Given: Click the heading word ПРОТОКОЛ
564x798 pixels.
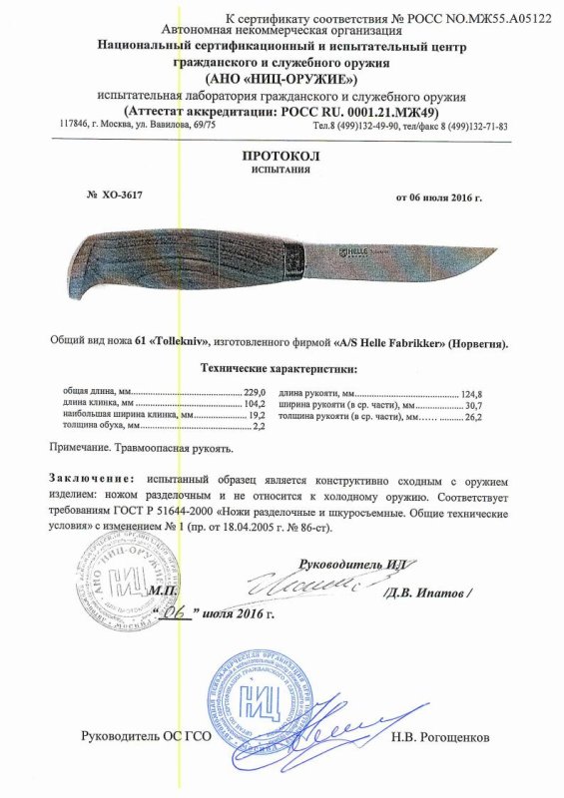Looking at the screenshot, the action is tap(282, 158).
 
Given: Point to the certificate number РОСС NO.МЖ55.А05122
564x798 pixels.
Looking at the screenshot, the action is tap(480, 19).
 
